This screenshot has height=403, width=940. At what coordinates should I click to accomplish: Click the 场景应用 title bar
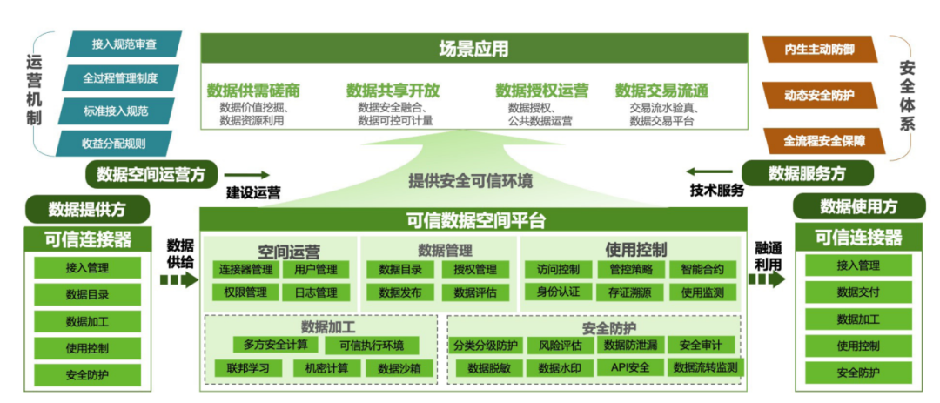coord(473,49)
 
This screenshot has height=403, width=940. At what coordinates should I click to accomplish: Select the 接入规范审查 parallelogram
coord(124,44)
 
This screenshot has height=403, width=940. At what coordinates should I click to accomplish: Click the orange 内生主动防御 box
coord(818,50)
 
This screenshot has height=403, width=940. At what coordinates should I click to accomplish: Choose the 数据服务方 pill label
coord(807,174)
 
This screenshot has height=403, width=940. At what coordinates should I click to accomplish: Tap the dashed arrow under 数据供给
coord(179,280)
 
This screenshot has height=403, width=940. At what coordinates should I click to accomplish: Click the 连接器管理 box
coord(246,270)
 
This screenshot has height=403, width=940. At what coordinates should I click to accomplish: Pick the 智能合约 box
coord(702,270)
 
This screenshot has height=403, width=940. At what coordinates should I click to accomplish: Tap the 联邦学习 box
coord(247,368)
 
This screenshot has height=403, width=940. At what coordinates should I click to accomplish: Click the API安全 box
coord(630,367)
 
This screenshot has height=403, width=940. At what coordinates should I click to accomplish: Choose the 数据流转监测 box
coord(705,367)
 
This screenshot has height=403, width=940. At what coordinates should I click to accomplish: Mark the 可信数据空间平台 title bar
coord(473,220)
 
